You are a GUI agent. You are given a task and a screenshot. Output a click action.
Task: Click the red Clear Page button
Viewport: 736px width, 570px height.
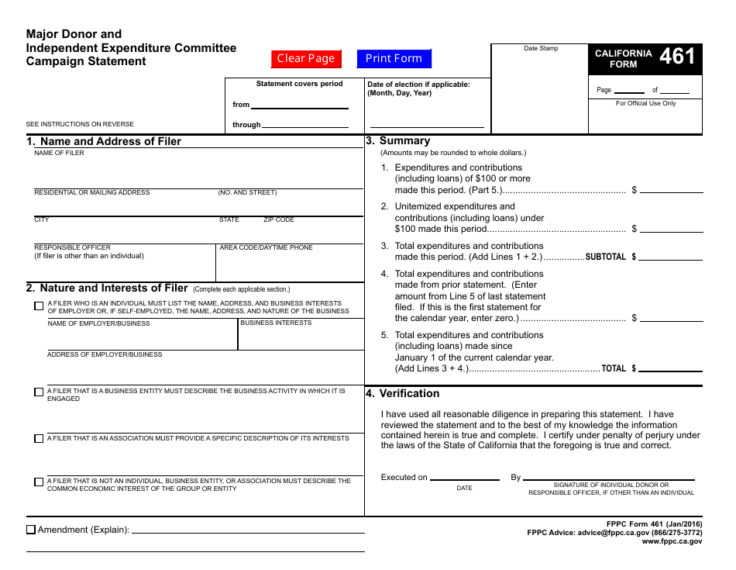pos(306,58)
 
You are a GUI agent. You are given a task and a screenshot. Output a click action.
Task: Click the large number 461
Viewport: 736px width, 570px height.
pos(677,56)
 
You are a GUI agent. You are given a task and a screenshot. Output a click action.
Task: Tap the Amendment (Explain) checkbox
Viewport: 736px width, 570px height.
pos(31,530)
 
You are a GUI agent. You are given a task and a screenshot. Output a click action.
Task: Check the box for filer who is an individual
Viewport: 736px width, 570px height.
pos(39,306)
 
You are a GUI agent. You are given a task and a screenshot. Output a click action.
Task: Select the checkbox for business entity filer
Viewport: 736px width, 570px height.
pos(39,392)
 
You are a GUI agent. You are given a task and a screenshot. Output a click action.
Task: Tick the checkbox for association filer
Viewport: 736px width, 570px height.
pos(39,439)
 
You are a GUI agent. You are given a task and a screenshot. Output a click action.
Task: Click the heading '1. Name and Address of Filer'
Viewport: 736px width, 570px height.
pos(104,141)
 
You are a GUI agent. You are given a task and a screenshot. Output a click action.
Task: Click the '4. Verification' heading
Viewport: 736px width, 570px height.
pos(403,393)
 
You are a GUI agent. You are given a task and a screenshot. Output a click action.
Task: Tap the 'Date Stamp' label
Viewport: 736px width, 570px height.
pos(541,48)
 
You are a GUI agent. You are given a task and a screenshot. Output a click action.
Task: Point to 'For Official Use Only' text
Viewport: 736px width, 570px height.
pos(645,103)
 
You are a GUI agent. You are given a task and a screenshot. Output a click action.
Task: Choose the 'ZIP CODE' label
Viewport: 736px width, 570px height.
pos(279,219)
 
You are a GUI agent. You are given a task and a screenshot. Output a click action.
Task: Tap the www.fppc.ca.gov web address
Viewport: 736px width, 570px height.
pos(672,541)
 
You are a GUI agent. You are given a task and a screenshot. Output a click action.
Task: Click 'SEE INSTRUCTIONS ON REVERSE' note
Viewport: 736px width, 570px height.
pos(80,124)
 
